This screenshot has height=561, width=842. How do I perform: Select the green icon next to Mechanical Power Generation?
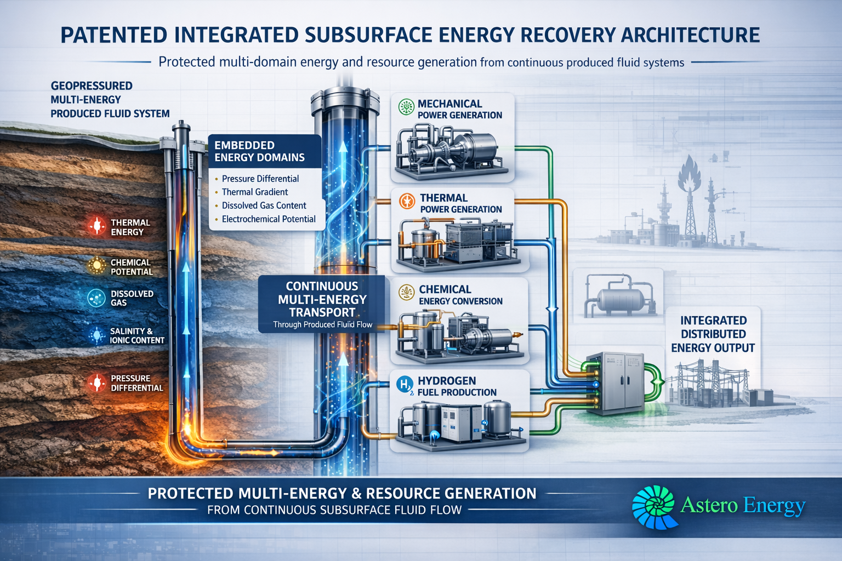click(406, 107)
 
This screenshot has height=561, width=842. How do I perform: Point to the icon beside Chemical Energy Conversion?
click(406, 293)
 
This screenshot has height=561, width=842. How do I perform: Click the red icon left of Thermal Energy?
click(96, 226)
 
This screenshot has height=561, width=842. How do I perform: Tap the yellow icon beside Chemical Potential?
click(96, 266)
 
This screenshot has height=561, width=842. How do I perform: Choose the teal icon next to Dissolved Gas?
click(96, 298)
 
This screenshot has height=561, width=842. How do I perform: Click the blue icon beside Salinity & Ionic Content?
click(96, 335)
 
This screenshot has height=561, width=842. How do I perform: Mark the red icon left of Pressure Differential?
click(96, 383)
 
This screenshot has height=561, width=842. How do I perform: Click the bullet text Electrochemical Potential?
click(269, 219)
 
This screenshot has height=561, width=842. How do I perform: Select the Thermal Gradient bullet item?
click(255, 192)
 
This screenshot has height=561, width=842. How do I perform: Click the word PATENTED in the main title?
click(114, 35)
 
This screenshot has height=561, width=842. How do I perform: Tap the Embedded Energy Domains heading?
click(259, 151)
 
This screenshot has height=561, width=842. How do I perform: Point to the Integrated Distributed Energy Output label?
click(713, 334)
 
